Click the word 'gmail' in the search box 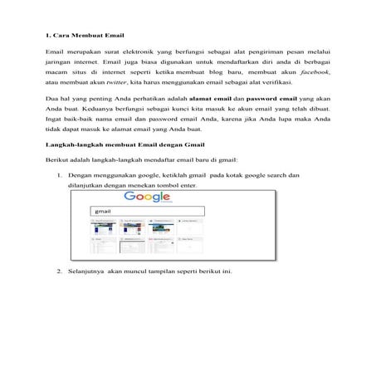pyautogui.click(x=104, y=212)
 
